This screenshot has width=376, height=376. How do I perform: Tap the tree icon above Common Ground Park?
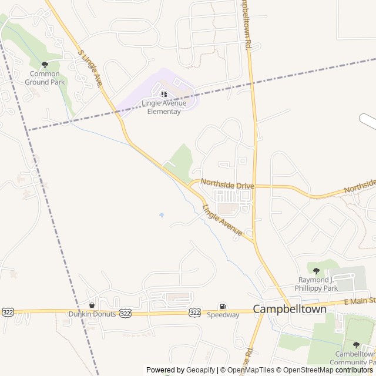(45, 65)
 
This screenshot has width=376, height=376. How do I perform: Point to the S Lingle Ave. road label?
(92, 69)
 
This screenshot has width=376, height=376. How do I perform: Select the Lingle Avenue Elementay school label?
(164, 108)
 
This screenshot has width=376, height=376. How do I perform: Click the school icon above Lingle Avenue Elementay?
(163, 94)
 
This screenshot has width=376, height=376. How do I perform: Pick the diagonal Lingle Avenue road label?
(223, 221)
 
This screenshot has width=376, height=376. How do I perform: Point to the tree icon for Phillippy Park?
(316, 271)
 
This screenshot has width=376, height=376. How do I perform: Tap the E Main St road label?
(358, 301)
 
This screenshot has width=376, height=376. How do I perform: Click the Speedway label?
(223, 315)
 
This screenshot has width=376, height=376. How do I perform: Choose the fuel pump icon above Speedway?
(222, 305)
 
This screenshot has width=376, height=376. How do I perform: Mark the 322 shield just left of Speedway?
(195, 313)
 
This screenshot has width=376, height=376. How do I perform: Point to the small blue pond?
(162, 215)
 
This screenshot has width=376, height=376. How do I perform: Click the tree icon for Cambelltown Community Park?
(356, 345)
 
